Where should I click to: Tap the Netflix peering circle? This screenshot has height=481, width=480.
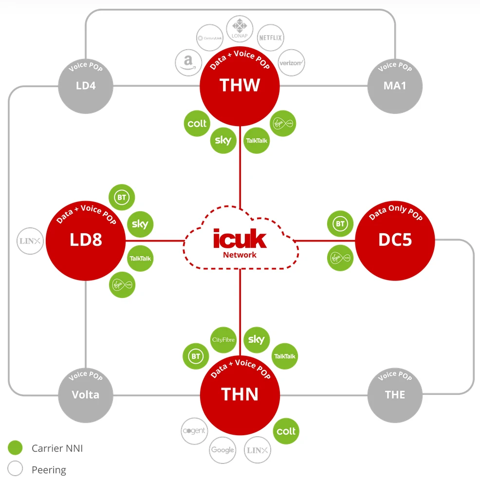(270, 37)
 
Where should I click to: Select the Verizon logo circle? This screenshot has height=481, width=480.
(292, 62)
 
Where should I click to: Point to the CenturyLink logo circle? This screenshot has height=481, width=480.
(209, 37)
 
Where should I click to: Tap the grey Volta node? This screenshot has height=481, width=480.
(86, 394)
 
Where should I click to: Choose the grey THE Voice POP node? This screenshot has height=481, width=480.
(395, 394)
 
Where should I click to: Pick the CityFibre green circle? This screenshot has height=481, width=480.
(224, 340)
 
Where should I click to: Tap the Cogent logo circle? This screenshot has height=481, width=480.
(194, 431)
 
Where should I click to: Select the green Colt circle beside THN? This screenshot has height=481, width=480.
(286, 431)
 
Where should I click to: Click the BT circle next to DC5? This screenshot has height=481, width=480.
(340, 224)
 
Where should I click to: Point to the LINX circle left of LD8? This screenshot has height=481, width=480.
(31, 240)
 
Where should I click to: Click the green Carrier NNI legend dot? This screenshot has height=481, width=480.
(16, 448)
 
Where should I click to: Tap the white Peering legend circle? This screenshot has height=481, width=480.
(16, 469)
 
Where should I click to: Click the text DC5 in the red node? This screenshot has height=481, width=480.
(395, 240)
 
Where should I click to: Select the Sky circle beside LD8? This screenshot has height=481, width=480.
(140, 224)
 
